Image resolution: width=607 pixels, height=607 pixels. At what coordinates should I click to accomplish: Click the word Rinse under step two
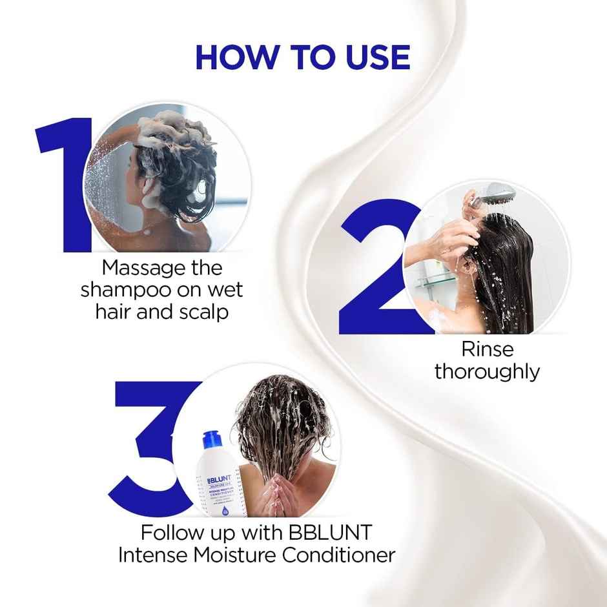[487, 349]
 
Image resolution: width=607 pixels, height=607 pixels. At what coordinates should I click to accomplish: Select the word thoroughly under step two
[487, 372]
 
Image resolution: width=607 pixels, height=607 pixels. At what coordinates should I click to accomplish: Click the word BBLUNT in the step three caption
[335, 533]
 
